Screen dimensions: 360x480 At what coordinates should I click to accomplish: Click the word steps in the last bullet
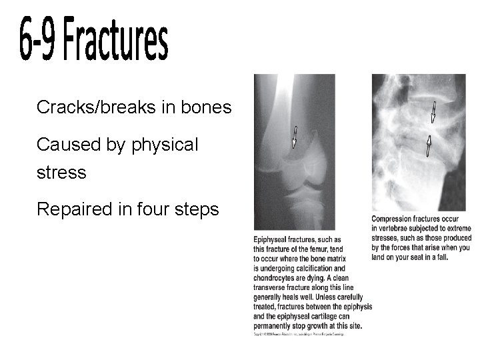[x=196, y=210]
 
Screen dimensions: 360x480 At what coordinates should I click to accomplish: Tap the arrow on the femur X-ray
[x=295, y=137]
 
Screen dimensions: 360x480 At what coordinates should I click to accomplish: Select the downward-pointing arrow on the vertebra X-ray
[x=433, y=113]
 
